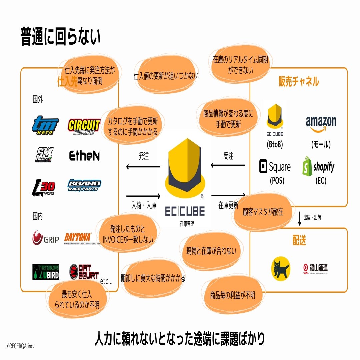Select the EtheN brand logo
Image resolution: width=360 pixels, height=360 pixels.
pyautogui.click(x=84, y=156)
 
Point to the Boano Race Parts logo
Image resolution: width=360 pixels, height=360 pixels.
pyautogui.click(x=84, y=185)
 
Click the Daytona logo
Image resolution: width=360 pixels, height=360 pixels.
pyautogui.click(x=78, y=237)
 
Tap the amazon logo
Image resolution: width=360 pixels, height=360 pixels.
pyautogui.click(x=321, y=124)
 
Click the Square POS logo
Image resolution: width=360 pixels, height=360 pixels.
pyautogui.click(x=275, y=167)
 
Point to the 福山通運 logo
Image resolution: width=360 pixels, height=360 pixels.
pyautogui.click(x=316, y=268)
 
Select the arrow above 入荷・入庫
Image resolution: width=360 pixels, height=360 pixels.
pyautogui.click(x=143, y=196)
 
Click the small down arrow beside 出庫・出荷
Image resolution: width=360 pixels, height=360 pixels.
pyautogui.click(x=300, y=217)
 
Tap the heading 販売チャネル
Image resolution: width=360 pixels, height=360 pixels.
pyautogui.click(x=299, y=82)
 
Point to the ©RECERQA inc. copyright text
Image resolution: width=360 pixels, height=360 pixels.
pyautogui.click(x=20, y=346)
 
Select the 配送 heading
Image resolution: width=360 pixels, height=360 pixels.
pyautogui.click(x=299, y=241)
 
